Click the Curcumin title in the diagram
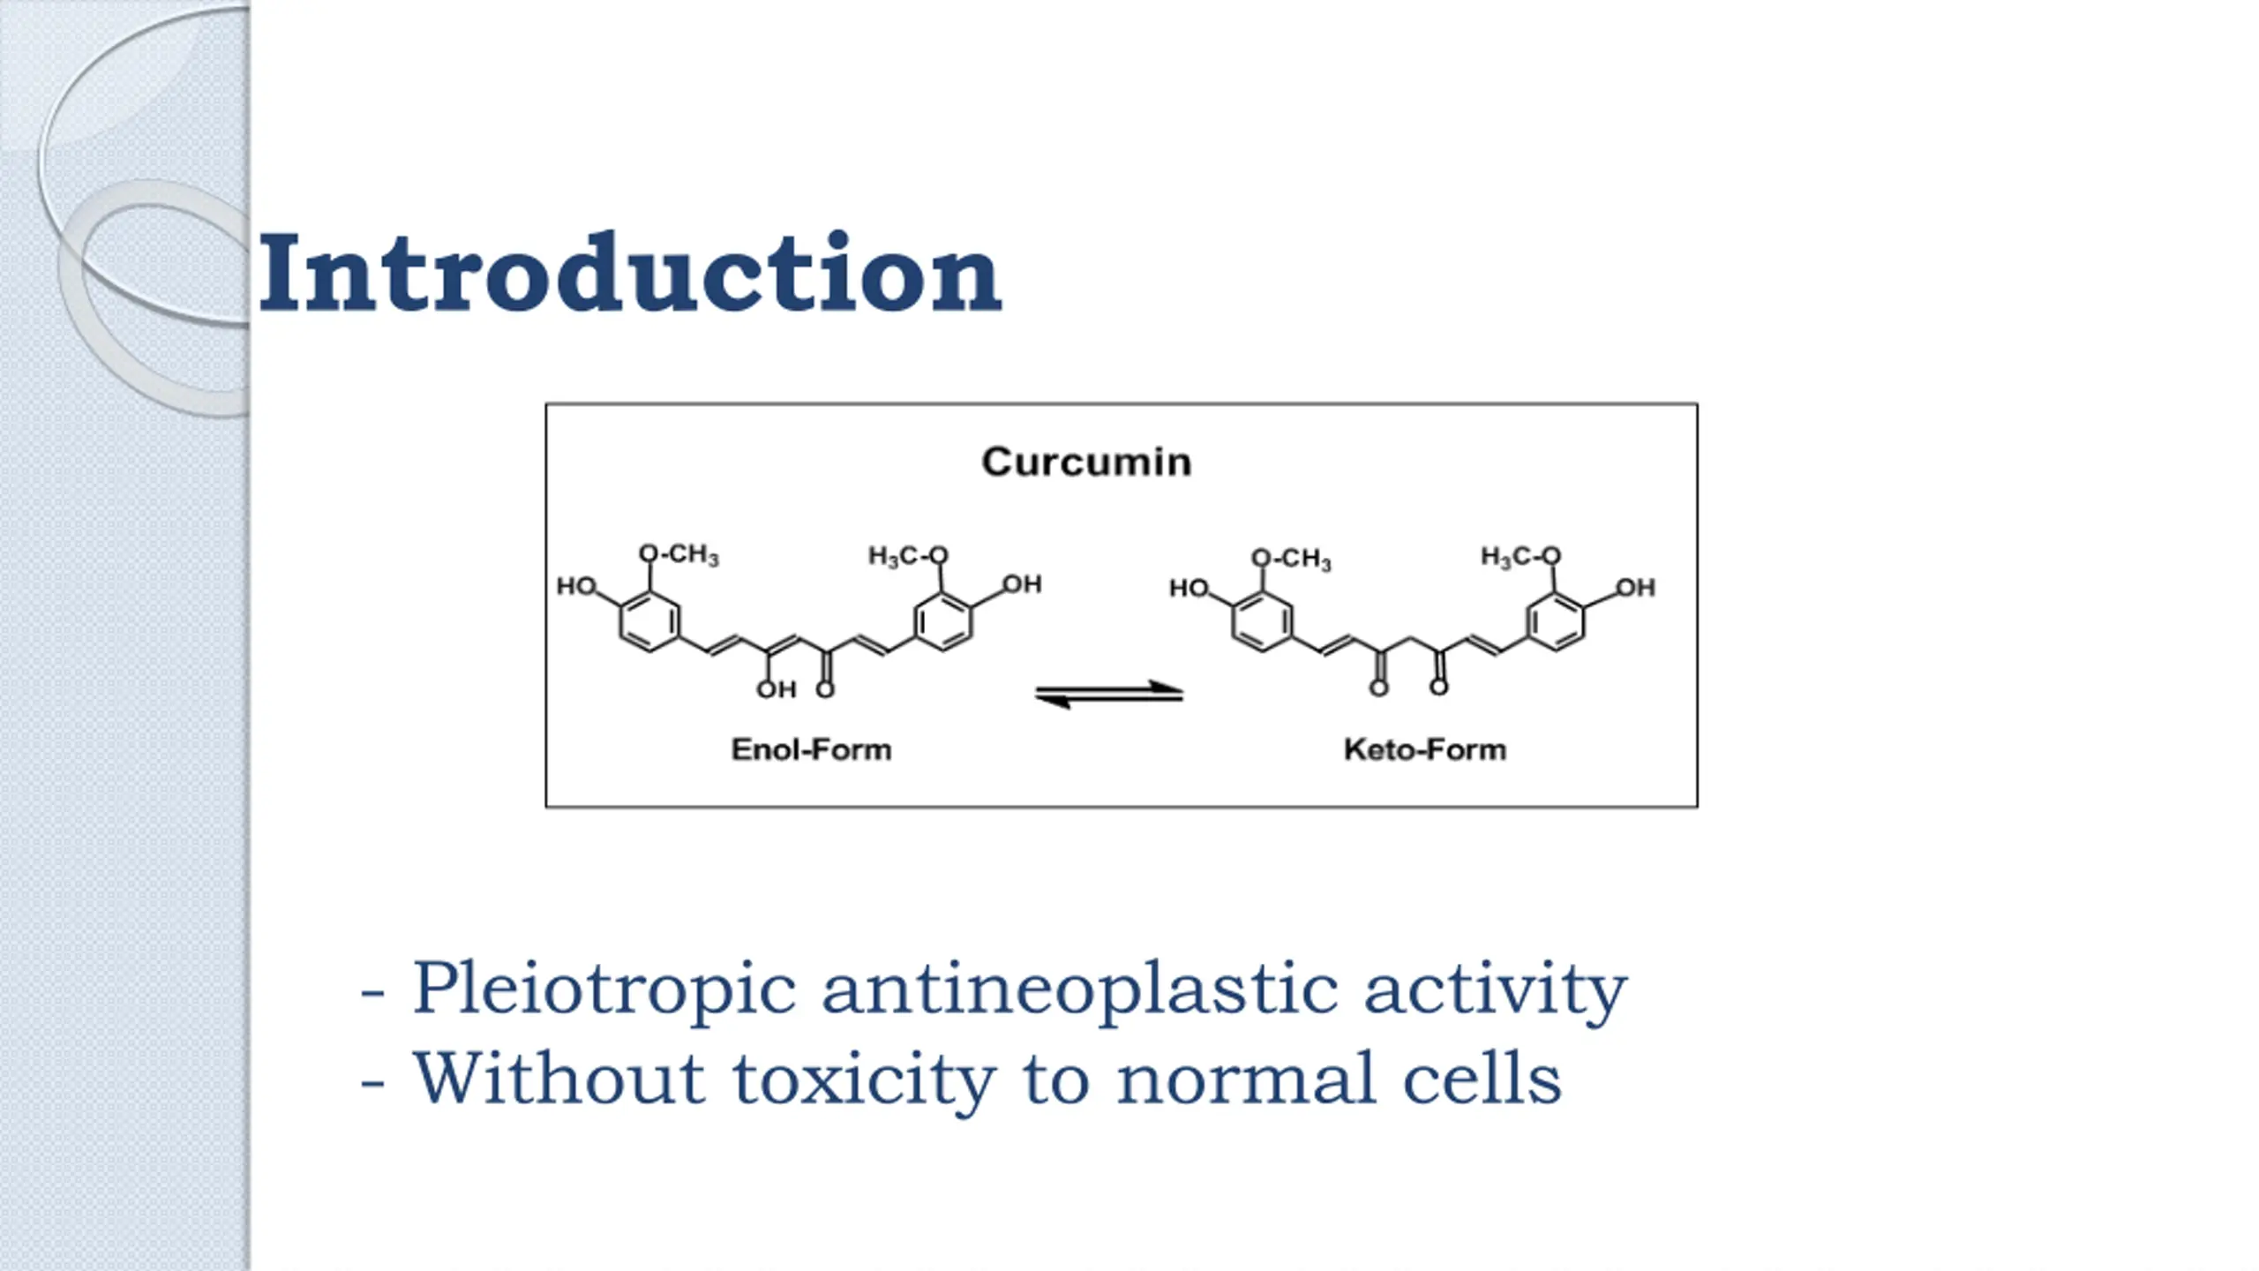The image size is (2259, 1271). [1086, 462]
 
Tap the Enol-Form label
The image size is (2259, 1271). [811, 749]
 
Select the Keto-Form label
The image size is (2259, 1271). [1424, 749]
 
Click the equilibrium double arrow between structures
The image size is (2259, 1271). [1109, 694]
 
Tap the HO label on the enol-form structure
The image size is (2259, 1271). [576, 586]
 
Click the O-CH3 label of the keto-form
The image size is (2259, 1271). [1291, 559]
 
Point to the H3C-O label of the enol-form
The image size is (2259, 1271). [908, 555]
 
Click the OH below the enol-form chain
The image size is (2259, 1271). [777, 689]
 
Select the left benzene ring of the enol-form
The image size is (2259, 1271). [649, 621]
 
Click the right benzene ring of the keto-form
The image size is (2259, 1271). [1556, 621]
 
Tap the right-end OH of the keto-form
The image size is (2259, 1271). [1635, 588]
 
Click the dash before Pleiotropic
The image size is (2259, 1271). [372, 994]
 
